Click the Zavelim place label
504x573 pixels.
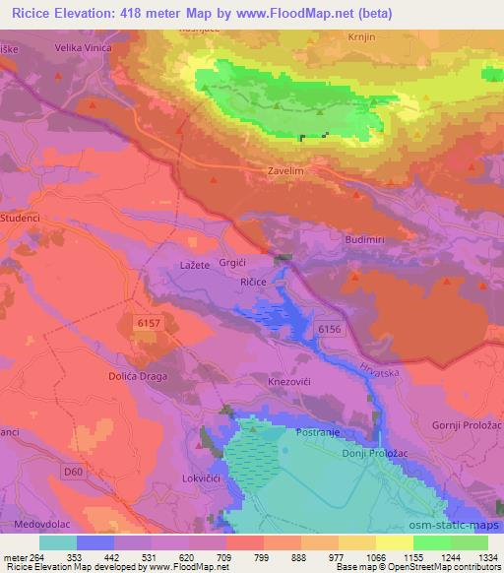(x=286, y=169)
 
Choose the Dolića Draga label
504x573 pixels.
(x=139, y=376)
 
